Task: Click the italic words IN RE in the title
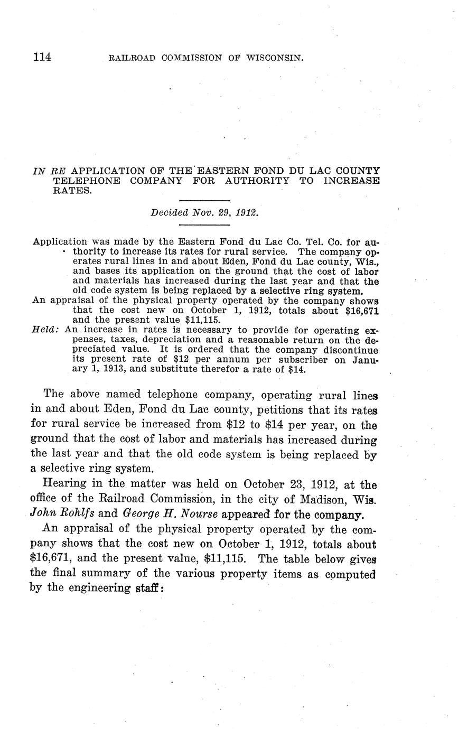click(x=50, y=171)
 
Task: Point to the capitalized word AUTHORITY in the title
click(x=257, y=181)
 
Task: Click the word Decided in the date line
click(x=167, y=213)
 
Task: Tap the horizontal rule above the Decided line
click(x=204, y=201)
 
